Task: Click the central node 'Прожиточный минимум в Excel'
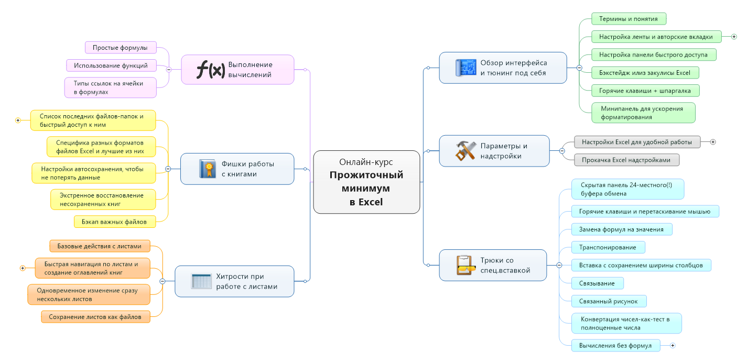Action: (x=366, y=182)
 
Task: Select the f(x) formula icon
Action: (x=210, y=70)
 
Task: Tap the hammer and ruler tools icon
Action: (x=464, y=151)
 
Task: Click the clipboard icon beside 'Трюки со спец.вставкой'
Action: (x=464, y=265)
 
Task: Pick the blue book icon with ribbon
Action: (x=207, y=169)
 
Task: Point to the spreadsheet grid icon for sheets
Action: (x=201, y=281)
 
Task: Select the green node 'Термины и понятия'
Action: (x=629, y=19)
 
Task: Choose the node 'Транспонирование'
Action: (x=608, y=247)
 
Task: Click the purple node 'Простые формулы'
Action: (x=121, y=48)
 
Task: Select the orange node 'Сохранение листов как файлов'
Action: (x=95, y=316)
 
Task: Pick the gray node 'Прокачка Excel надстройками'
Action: (x=626, y=160)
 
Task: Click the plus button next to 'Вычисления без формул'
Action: (x=673, y=345)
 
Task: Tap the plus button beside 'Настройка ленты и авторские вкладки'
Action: (x=734, y=37)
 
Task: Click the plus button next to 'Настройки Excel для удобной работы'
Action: (x=713, y=142)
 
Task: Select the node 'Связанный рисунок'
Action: (x=609, y=301)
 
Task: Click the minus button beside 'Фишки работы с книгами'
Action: (x=168, y=169)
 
